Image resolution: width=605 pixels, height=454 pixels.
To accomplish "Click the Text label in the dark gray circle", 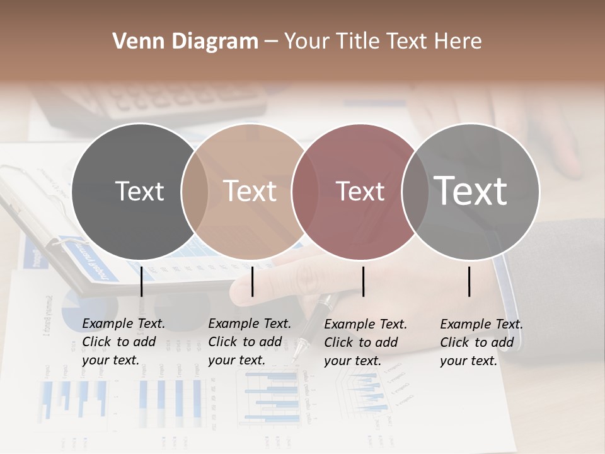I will pyautogui.click(x=139, y=191).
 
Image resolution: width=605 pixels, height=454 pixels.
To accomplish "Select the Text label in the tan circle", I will pyautogui.click(x=250, y=191).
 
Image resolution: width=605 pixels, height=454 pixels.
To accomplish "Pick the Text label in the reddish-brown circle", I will pyautogui.click(x=360, y=191).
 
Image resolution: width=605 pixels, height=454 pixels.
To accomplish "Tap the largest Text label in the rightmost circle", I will pyautogui.click(x=471, y=191).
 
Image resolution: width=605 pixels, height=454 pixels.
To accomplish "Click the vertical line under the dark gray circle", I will pyautogui.click(x=142, y=281).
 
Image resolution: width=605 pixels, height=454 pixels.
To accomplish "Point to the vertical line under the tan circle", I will pyautogui.click(x=253, y=281).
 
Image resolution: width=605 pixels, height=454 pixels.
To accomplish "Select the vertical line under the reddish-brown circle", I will pyautogui.click(x=363, y=281).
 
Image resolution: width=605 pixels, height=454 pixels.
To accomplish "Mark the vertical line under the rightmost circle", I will pyautogui.click(x=470, y=281).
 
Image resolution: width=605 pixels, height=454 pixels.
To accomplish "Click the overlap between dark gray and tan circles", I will pyautogui.click(x=195, y=191).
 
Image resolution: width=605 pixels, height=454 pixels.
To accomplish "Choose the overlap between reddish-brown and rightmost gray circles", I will pyautogui.click(x=415, y=191).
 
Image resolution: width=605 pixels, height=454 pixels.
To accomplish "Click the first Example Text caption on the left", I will pyautogui.click(x=123, y=342).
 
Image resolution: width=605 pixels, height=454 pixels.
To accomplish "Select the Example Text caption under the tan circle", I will pyautogui.click(x=249, y=342).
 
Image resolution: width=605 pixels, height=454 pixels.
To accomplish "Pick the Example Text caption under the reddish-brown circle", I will pyautogui.click(x=365, y=342).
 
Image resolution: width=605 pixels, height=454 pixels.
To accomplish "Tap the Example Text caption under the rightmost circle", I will pyautogui.click(x=481, y=342).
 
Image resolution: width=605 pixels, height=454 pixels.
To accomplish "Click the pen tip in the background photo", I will pyautogui.click(x=295, y=357).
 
